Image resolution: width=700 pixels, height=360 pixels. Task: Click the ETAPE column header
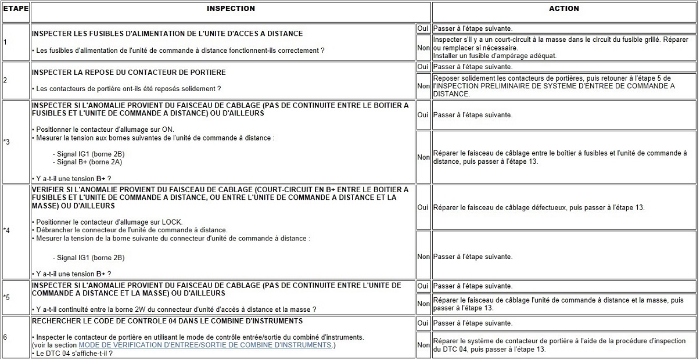click(15, 9)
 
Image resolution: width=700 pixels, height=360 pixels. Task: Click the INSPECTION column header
click(231, 9)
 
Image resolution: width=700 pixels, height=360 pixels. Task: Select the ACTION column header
click(563, 9)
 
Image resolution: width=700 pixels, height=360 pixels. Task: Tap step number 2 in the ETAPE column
click(5, 80)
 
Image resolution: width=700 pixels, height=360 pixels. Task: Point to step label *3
click(6, 142)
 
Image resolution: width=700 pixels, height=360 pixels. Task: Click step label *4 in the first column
click(6, 231)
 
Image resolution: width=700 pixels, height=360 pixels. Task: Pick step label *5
click(6, 297)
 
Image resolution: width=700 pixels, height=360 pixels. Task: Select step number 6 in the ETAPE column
click(5, 337)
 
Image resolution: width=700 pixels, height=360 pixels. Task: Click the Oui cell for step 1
click(423, 28)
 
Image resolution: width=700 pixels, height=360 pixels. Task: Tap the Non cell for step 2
click(423, 86)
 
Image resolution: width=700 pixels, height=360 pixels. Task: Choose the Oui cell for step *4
click(423, 207)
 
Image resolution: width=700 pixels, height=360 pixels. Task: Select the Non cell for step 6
click(423, 345)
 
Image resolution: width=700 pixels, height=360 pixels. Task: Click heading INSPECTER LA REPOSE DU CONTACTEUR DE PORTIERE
click(128, 72)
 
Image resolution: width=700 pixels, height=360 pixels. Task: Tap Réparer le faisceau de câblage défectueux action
click(539, 207)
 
